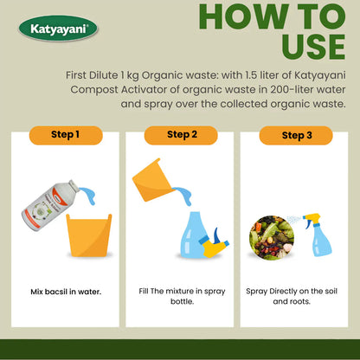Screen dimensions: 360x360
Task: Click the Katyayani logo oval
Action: pyautogui.click(x=58, y=29)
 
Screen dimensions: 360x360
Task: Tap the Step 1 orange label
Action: pyautogui.click(x=66, y=135)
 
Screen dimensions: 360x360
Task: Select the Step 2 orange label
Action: pyautogui.click(x=181, y=135)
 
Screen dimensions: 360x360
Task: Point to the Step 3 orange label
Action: pyautogui.click(x=296, y=135)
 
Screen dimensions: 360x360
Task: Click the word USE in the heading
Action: pyautogui.click(x=313, y=47)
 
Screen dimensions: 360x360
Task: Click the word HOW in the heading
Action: pyautogui.click(x=244, y=16)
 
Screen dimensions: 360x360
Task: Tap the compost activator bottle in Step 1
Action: pyautogui.click(x=50, y=205)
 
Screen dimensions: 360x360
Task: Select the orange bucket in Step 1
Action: pyautogui.click(x=89, y=235)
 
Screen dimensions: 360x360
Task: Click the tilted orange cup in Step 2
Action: pyautogui.click(x=151, y=180)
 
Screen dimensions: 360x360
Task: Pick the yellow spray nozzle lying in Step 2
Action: pyautogui.click(x=215, y=245)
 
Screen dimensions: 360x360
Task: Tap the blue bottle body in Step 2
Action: pyautogui.click(x=194, y=235)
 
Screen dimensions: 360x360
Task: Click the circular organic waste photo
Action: pyautogui.click(x=272, y=238)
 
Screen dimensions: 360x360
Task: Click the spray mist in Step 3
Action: pyautogui.click(x=294, y=220)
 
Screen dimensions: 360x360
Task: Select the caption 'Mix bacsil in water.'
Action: pyautogui.click(x=66, y=292)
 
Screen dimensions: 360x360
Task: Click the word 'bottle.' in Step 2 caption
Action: pyautogui.click(x=182, y=301)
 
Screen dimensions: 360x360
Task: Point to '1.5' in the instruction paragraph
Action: pyautogui.click(x=251, y=75)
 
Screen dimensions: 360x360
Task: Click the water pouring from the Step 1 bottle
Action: pyautogui.click(x=88, y=195)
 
